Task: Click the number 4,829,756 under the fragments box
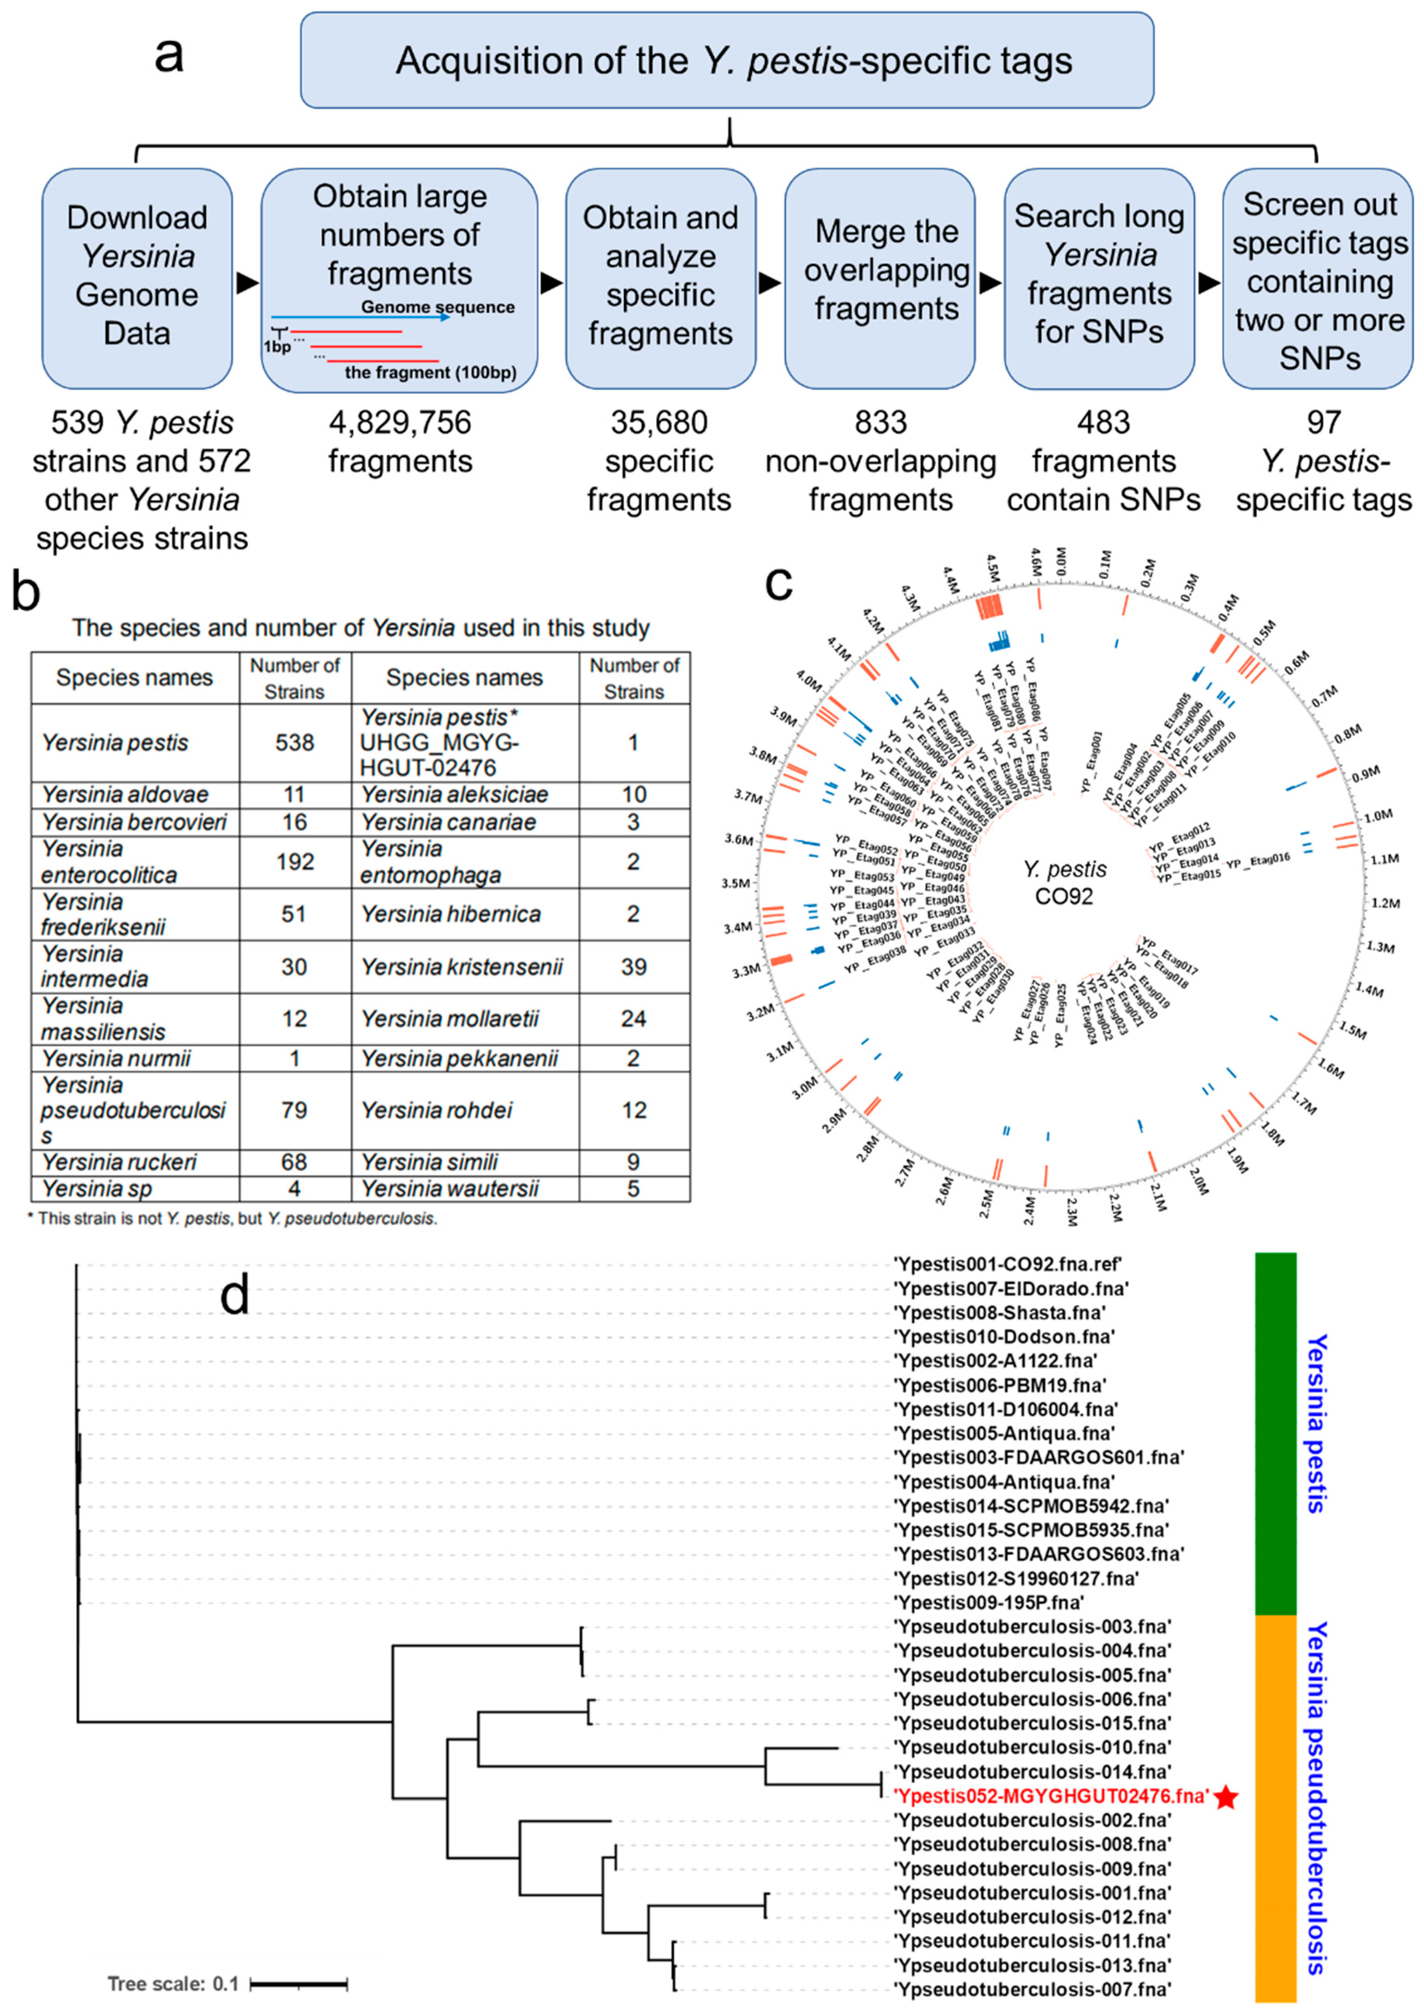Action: click(x=400, y=423)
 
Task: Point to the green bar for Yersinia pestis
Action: click(x=1275, y=1433)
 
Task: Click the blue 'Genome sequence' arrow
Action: click(x=360, y=317)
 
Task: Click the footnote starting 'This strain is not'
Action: click(x=233, y=1218)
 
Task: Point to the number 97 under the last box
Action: click(x=1323, y=423)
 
